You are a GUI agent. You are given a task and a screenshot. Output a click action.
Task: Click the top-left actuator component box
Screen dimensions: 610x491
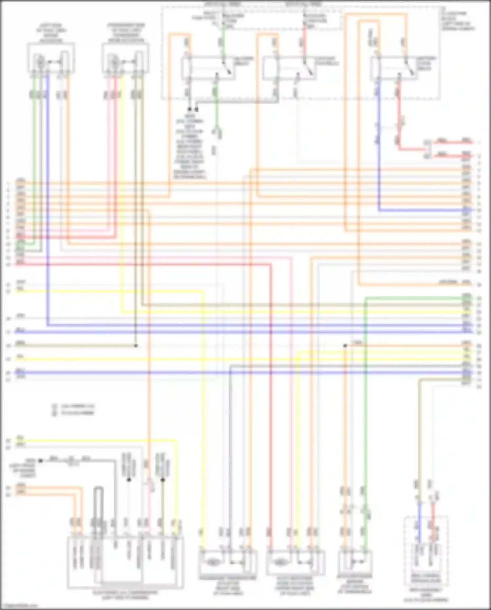(51, 59)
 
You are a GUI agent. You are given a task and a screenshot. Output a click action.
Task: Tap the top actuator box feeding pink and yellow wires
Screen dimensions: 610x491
(125, 59)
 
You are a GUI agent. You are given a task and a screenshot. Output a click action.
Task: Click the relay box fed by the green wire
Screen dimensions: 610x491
(208, 67)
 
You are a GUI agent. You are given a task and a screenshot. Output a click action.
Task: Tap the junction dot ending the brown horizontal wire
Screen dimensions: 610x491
(136, 346)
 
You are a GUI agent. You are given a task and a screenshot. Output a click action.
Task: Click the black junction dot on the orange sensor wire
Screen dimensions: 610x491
(345, 345)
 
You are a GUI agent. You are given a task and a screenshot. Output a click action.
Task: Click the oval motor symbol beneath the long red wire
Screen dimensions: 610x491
(279, 562)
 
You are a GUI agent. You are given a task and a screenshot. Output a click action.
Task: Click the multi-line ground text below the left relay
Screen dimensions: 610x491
(189, 146)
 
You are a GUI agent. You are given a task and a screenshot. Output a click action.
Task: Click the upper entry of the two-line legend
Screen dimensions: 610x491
(74, 406)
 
